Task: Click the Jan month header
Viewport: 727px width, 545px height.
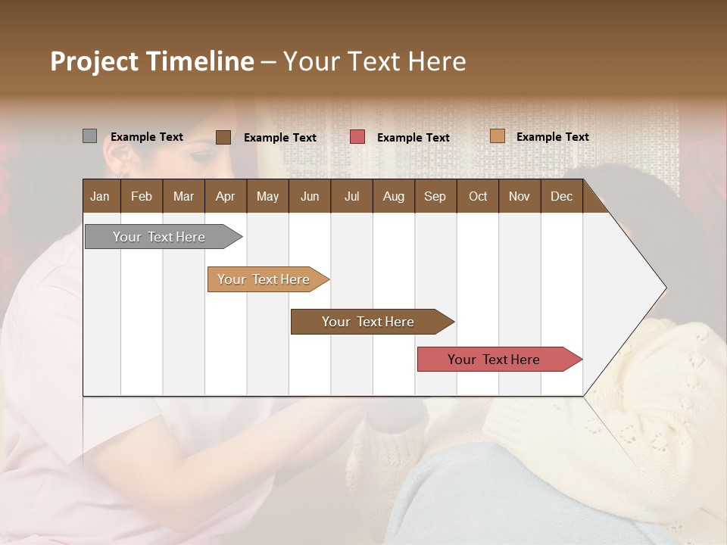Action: [100, 197]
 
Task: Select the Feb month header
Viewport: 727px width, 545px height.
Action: [142, 197]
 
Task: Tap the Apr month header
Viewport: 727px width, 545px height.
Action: [225, 197]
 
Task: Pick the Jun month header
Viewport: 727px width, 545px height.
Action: [310, 197]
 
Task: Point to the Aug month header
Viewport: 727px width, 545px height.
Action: [393, 197]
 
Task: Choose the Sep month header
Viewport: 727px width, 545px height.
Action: [435, 197]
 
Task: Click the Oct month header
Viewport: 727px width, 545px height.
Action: [478, 197]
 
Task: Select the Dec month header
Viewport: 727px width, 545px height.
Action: [561, 197]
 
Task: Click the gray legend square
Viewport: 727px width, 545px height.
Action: [89, 136]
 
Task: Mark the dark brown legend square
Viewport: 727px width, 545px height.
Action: [223, 137]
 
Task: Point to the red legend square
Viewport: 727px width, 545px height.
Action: [357, 137]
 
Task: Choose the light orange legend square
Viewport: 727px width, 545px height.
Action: [497, 136]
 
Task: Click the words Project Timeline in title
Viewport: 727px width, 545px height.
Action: [151, 61]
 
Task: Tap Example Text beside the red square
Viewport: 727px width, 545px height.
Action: [413, 138]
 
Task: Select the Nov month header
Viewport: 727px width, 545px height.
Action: [519, 197]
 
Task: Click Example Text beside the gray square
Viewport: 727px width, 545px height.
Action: [147, 137]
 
